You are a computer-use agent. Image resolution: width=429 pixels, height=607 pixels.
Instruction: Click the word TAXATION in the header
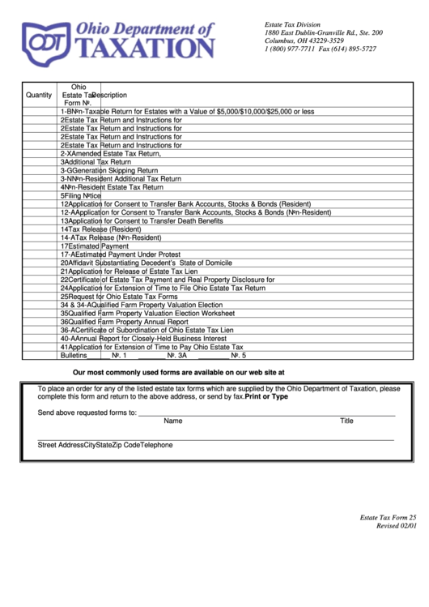point(146,48)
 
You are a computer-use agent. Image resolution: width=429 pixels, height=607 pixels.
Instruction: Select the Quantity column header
point(39,95)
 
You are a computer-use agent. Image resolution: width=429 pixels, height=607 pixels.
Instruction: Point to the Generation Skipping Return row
point(109,170)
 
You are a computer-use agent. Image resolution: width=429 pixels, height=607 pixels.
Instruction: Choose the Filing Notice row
point(80,195)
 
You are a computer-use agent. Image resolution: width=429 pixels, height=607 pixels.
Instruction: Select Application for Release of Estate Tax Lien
point(134,271)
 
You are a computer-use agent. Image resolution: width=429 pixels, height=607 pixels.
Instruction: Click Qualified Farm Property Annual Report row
point(124,321)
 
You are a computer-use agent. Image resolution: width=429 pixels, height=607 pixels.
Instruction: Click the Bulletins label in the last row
point(73,355)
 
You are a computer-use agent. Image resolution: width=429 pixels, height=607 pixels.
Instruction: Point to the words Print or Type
point(266,397)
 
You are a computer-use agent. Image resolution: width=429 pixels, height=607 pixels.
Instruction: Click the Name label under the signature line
point(173,421)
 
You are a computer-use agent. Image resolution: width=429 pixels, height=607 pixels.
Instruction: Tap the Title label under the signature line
point(346,421)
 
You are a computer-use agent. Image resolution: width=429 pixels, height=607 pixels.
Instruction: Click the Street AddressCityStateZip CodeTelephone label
point(105,444)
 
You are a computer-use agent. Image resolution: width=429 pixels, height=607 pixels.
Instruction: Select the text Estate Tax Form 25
point(388,517)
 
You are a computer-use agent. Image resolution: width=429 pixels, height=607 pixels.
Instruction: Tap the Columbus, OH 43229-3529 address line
point(304,41)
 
